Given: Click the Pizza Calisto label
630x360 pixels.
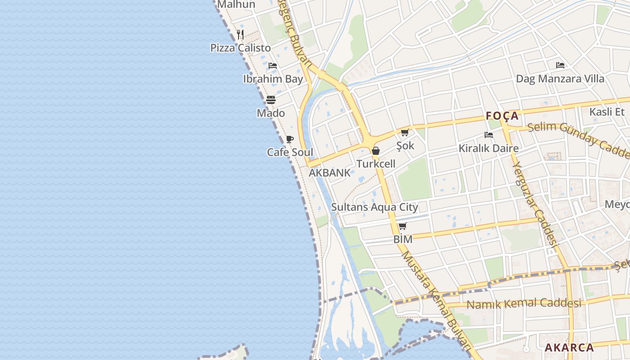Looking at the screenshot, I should (240, 48).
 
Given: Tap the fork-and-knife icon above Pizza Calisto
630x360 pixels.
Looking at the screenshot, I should (240, 34).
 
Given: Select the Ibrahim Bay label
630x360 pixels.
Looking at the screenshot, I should (273, 79).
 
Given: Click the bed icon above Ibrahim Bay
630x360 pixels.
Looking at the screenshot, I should (272, 66).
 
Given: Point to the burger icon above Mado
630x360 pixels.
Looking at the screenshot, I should (270, 100).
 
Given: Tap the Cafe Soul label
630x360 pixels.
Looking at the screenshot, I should (290, 152).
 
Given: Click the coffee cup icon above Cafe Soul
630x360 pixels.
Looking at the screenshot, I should (290, 139).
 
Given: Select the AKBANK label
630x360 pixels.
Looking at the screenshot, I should (329, 173).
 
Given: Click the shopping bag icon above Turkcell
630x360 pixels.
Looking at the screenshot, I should (376, 151).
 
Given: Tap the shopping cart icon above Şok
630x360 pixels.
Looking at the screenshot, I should (405, 132).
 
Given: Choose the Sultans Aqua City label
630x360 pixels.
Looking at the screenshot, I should (374, 207).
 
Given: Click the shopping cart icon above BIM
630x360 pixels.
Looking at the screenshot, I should (403, 226).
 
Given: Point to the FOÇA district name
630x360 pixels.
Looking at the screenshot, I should (502, 116).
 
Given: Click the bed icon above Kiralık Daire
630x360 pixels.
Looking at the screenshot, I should (488, 135).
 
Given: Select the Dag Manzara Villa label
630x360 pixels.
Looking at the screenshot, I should (560, 79).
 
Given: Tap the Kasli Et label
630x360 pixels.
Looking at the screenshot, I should (607, 112).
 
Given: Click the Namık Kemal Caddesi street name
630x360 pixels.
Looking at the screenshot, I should (524, 304).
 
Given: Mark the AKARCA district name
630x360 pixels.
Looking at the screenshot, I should (569, 347).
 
